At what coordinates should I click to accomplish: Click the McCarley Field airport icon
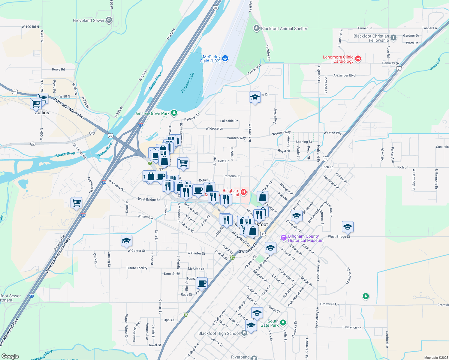click(x=225, y=58)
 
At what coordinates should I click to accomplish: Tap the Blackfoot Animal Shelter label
click(x=284, y=28)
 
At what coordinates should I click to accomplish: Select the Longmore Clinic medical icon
click(x=358, y=58)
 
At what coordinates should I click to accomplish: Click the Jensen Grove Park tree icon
click(x=174, y=113)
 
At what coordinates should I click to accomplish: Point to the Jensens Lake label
click(x=188, y=82)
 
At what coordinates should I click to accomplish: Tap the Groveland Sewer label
click(x=89, y=20)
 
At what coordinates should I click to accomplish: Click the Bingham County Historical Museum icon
click(x=283, y=238)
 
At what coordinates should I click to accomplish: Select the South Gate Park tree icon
click(x=283, y=323)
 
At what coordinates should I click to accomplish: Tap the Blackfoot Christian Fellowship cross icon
click(x=393, y=38)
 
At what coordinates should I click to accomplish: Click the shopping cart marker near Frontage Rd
click(x=77, y=203)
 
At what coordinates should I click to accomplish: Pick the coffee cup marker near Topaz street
click(x=202, y=283)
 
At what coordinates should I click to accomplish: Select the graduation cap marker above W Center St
click(x=126, y=241)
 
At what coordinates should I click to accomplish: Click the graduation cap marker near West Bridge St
click(x=348, y=227)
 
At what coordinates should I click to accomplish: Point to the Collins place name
click(x=42, y=112)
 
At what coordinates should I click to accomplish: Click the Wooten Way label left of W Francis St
click(x=236, y=138)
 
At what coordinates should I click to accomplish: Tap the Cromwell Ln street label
click(x=329, y=304)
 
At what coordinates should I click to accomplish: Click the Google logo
click(x=10, y=356)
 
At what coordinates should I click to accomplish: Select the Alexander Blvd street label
click(x=344, y=75)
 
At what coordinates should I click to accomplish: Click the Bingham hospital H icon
click(x=244, y=192)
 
